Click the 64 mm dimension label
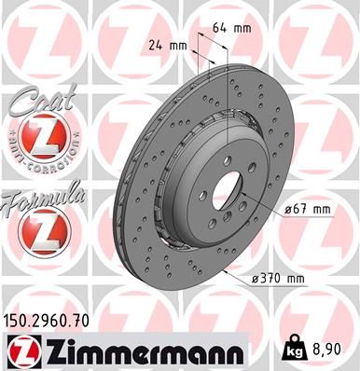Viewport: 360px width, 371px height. (x=232, y=29)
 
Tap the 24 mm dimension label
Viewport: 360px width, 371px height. (x=168, y=46)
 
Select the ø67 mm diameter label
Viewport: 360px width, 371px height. (x=308, y=210)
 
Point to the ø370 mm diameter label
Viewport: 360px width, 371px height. (x=277, y=279)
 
